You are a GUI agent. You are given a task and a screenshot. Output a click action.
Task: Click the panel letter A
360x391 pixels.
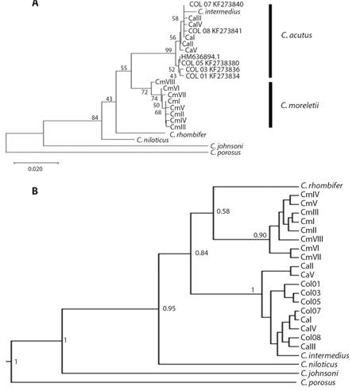35,3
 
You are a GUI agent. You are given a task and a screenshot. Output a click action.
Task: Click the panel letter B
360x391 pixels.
35,191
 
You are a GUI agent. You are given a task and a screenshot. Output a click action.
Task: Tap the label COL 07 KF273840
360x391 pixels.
216,4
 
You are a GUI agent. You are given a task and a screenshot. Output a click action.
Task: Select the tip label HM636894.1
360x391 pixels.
200,57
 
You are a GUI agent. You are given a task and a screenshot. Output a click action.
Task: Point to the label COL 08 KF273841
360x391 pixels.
215,31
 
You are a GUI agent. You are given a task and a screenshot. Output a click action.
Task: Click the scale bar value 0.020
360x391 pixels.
35,168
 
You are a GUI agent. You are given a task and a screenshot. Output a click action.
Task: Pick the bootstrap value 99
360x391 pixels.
168,50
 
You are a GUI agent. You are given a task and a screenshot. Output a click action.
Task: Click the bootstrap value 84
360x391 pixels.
95,118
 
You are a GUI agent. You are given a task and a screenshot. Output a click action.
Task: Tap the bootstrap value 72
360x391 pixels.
145,92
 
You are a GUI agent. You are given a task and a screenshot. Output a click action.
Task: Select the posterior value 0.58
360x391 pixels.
223,211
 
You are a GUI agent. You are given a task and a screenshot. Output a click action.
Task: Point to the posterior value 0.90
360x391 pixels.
260,235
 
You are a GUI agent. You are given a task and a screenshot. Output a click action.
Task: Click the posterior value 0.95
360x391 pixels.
169,308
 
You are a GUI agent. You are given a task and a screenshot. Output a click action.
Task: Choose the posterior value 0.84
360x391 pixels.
202,253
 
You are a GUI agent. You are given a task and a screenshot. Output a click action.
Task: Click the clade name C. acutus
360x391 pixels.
296,35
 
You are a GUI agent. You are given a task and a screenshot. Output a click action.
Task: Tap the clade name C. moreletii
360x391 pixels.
300,106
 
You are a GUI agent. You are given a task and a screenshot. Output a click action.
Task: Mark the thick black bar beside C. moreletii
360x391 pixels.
270,105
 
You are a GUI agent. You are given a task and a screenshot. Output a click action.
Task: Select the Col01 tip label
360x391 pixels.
311,284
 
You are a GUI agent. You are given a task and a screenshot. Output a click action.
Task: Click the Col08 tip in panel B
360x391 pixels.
311,338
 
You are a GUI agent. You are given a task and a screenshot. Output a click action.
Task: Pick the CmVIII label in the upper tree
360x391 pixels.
165,82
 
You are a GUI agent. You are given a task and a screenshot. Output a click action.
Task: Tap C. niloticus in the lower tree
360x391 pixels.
319,365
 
